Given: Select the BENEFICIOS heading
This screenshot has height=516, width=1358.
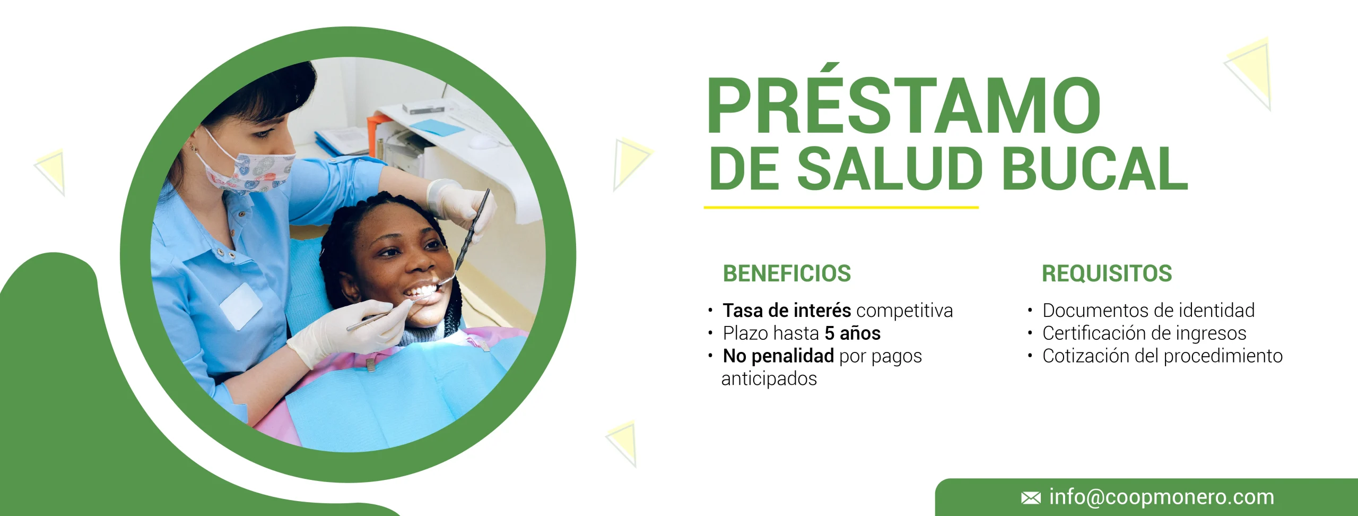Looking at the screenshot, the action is (x=787, y=273).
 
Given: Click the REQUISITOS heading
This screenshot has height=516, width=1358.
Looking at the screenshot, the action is (x=1107, y=273).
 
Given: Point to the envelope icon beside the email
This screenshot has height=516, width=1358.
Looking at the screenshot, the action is (x=1031, y=498).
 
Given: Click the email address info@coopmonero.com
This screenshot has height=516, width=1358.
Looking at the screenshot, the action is (x=1162, y=497).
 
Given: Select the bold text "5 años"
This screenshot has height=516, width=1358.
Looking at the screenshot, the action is (x=852, y=333).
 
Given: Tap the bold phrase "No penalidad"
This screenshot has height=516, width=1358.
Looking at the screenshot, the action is (x=778, y=356).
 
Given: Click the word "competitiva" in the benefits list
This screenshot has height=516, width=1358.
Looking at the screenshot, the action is (x=904, y=311).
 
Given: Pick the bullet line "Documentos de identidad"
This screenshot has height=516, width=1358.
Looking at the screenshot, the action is (x=1148, y=310).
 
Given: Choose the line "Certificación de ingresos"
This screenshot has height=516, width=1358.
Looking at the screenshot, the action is (x=1144, y=333).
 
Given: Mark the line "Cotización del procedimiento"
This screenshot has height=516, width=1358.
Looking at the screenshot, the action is (x=1162, y=356).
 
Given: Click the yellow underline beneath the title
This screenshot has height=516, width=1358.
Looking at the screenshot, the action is (x=841, y=208).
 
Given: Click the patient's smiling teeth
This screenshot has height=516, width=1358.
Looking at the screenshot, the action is (x=421, y=291).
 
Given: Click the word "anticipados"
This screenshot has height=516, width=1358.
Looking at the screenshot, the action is (x=769, y=379).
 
